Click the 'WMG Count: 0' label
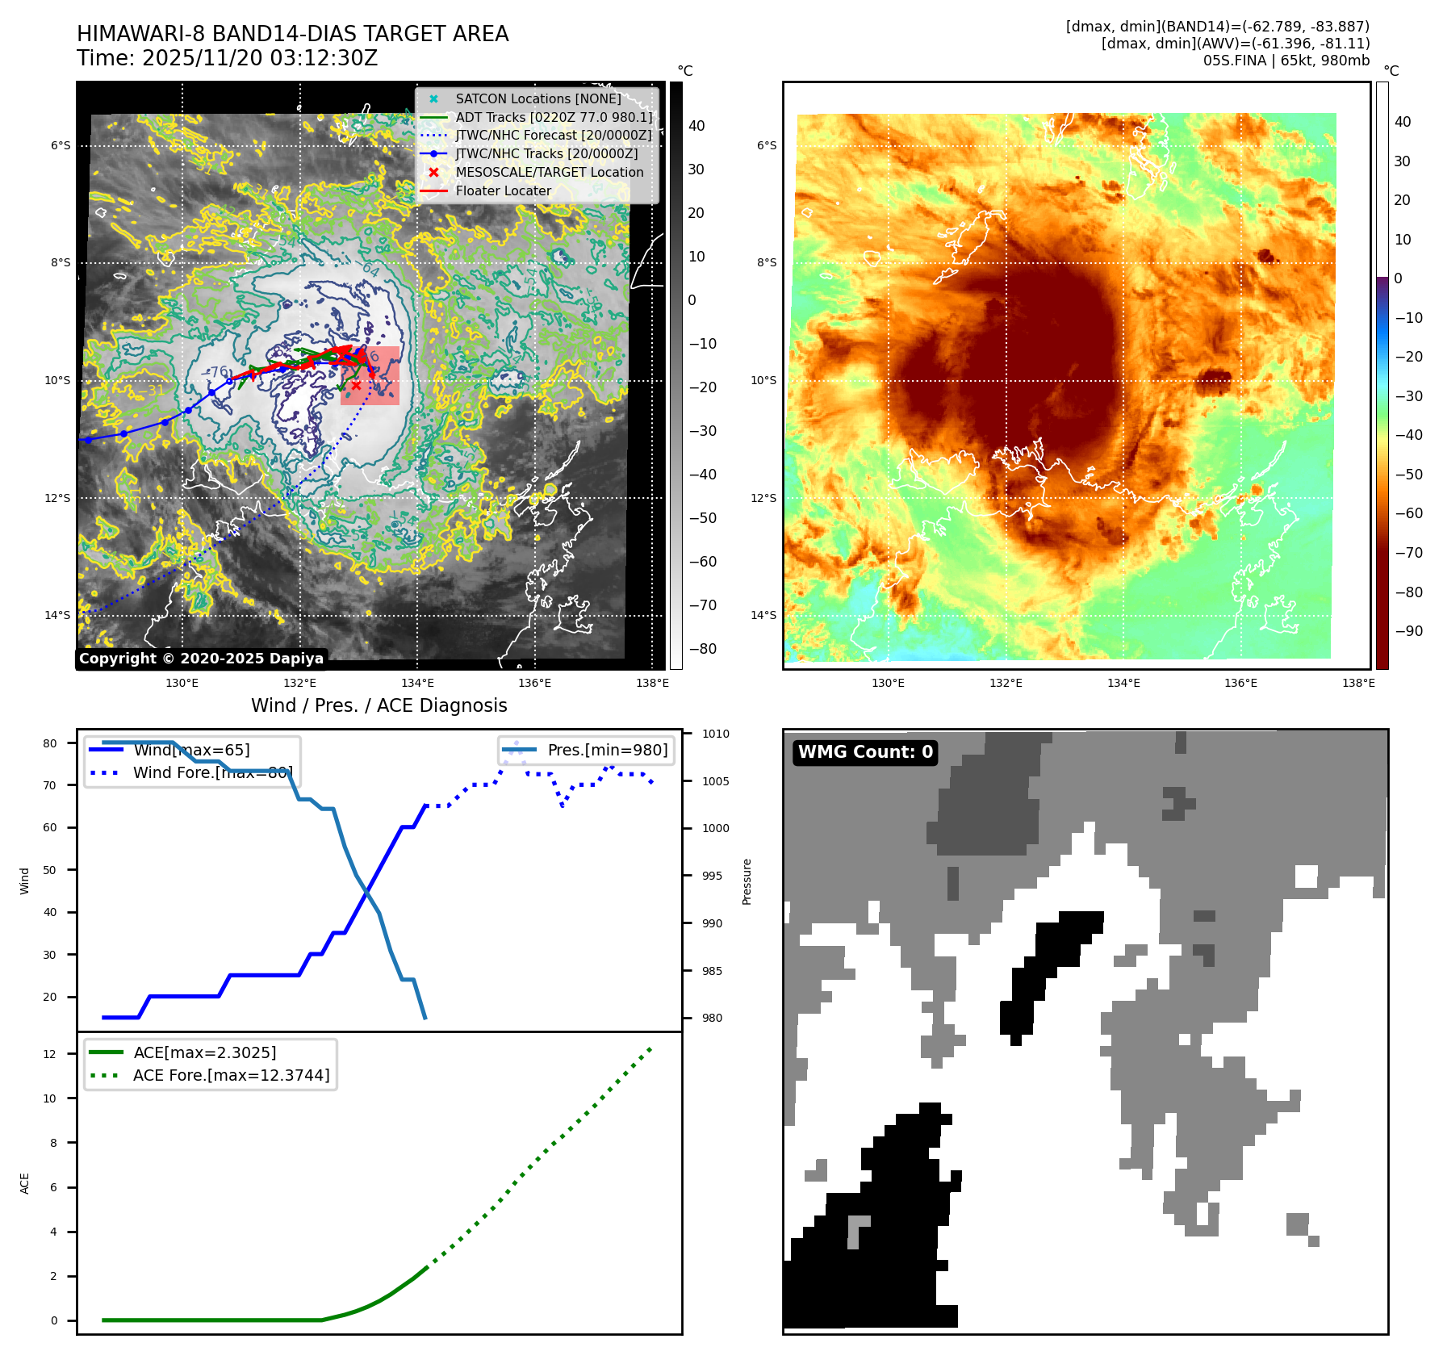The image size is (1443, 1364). click(x=865, y=752)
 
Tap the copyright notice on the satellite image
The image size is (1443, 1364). click(x=201, y=659)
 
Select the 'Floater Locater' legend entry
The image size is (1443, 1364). click(x=503, y=191)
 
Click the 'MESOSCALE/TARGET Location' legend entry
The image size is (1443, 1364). click(x=549, y=173)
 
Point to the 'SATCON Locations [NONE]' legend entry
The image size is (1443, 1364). click(x=537, y=98)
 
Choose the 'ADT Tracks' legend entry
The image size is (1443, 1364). click(x=554, y=117)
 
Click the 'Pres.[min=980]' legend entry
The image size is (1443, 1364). click(x=607, y=751)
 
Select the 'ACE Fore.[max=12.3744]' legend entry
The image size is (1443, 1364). click(x=231, y=1076)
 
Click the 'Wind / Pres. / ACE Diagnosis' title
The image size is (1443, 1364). click(x=379, y=705)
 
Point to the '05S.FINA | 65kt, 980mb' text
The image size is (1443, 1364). click(x=1286, y=61)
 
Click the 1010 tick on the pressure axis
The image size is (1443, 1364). click(x=715, y=734)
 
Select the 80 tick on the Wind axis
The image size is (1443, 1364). click(x=50, y=743)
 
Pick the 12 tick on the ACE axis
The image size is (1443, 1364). click(x=50, y=1054)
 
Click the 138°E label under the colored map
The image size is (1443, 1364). click(x=1358, y=683)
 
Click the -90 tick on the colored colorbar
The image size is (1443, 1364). click(x=1408, y=631)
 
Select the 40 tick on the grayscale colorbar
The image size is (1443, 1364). click(x=696, y=126)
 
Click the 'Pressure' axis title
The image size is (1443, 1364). click(x=747, y=881)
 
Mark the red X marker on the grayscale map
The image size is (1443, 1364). click(x=356, y=386)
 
